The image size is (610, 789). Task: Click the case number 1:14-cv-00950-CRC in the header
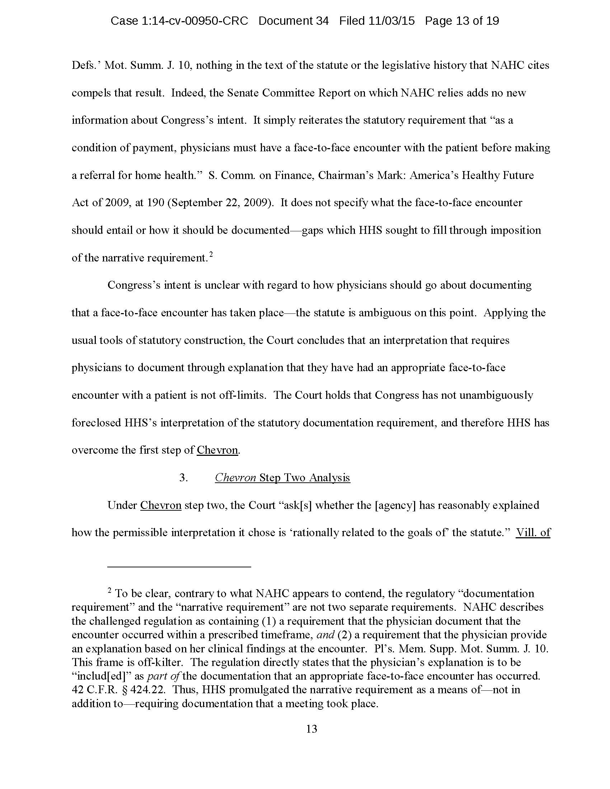[x=179, y=21]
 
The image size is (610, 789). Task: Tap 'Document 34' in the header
[x=294, y=21]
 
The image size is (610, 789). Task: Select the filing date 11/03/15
[x=391, y=21]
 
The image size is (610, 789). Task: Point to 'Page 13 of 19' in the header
[x=462, y=21]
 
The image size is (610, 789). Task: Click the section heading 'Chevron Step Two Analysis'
[x=282, y=478]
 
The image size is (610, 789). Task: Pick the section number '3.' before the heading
[x=184, y=478]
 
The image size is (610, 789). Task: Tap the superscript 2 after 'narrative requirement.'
[x=211, y=255]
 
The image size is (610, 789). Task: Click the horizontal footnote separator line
[x=179, y=567]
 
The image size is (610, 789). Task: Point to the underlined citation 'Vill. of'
[x=533, y=533]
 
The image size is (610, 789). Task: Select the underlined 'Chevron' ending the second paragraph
[x=217, y=450]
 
